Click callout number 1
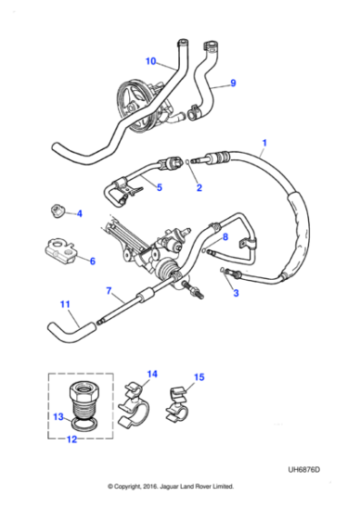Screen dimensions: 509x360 [x=265, y=143]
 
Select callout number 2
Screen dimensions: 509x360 [x=199, y=188]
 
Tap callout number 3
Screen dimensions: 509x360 [x=235, y=293]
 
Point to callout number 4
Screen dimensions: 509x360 [x=79, y=215]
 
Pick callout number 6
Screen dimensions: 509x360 [x=91, y=260]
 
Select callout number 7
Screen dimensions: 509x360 [x=109, y=291]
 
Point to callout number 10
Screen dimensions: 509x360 [x=150, y=62]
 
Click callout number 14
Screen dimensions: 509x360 [x=152, y=374]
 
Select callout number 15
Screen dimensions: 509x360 [x=200, y=374]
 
